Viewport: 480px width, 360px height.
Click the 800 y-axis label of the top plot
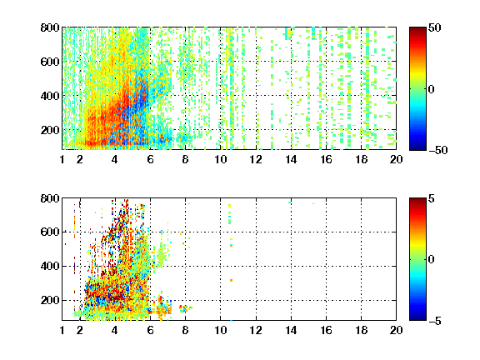(50, 27)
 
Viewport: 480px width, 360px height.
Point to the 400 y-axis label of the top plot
(50, 96)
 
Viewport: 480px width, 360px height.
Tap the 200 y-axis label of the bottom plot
(50, 300)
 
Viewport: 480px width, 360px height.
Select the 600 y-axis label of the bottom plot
(50, 232)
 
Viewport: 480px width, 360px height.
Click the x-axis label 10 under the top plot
(220, 159)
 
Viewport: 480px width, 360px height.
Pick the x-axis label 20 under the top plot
(396, 159)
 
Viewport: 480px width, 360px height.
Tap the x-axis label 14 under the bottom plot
(291, 330)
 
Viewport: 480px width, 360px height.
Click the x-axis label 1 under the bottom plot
(62, 330)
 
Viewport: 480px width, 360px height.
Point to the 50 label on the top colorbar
(435, 27)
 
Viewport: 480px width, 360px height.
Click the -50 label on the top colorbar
(438, 150)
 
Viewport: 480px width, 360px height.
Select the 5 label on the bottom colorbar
(432, 198)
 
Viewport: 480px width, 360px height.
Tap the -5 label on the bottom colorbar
(435, 321)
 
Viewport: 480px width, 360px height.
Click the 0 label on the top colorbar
(432, 89)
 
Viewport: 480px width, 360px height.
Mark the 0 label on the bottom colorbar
(432, 260)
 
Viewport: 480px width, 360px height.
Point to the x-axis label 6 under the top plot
(150, 159)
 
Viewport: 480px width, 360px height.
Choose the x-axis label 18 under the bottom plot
(361, 330)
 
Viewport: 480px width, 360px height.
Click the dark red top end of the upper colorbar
(417, 28)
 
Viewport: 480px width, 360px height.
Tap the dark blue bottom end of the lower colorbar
(417, 319)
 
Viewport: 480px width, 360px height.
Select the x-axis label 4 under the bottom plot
(115, 330)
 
